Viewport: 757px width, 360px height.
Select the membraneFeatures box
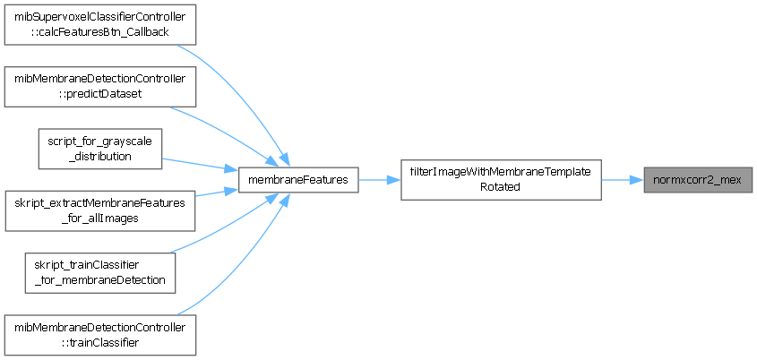click(298, 180)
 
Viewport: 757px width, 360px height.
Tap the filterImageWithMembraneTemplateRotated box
click(500, 180)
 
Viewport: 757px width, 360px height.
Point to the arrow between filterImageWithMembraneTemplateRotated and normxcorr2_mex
click(623, 180)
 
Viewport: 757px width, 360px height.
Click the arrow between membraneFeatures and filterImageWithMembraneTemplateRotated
click(380, 180)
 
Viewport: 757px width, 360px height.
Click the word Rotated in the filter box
click(500, 188)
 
